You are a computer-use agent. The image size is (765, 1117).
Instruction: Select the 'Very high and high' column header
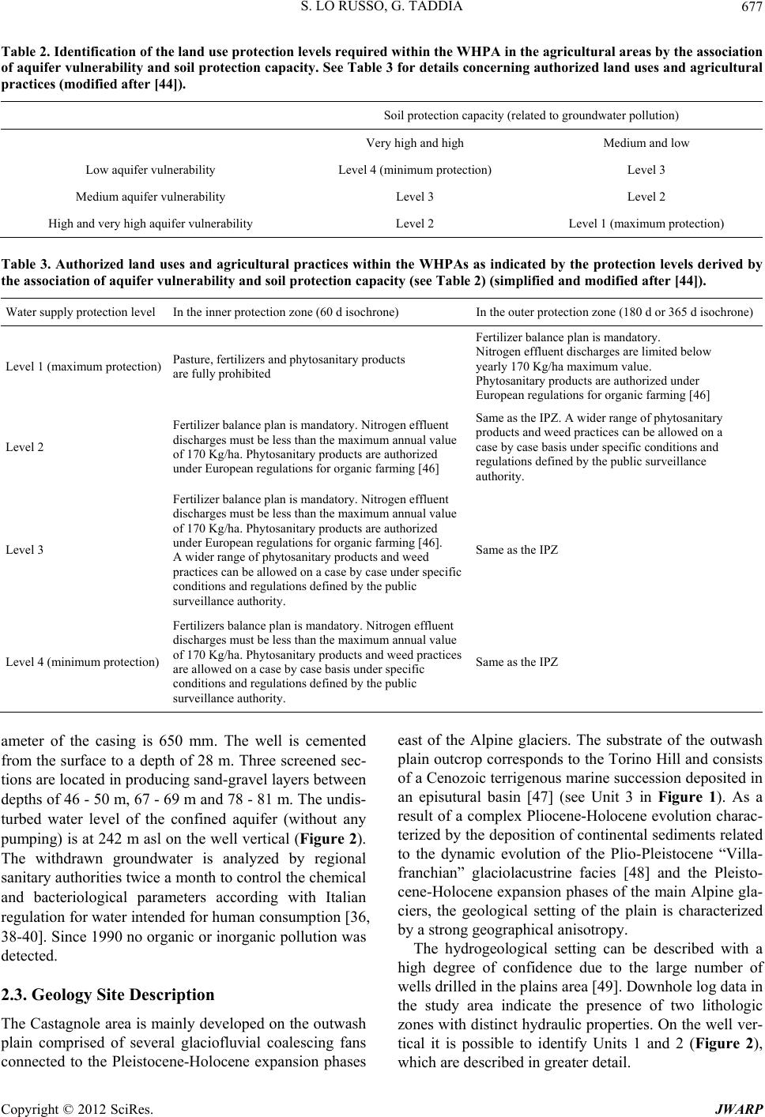coord(415,143)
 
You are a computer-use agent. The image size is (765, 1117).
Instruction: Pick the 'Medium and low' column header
coord(646,143)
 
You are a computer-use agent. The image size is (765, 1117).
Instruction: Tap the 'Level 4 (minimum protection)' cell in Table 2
coord(415,170)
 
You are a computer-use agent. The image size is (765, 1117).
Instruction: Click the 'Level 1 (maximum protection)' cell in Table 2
coord(646,224)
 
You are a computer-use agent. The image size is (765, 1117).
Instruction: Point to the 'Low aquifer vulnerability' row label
coord(150,170)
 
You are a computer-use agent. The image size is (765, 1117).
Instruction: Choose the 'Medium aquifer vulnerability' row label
coord(150,197)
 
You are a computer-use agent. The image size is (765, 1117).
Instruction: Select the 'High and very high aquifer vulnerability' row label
coord(150,224)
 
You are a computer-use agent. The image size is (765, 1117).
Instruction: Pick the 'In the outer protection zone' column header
coord(614,312)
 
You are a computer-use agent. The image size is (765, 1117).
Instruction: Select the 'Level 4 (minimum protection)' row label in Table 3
coord(82,661)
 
